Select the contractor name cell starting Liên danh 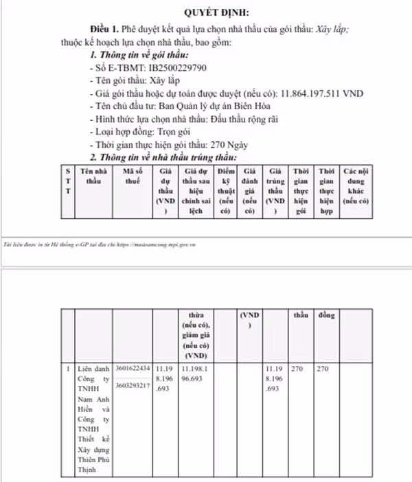click(x=93, y=419)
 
